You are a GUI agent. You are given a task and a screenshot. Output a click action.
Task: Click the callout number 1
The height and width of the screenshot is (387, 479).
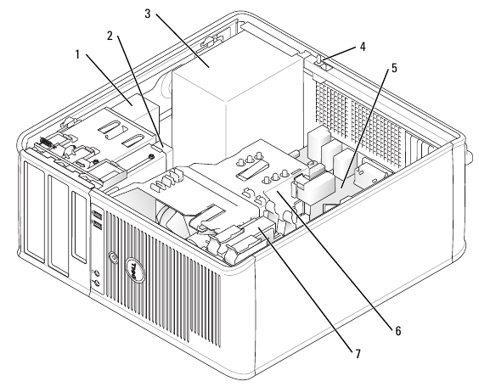(x=77, y=55)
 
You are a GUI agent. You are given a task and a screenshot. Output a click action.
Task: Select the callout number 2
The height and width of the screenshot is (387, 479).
(x=110, y=36)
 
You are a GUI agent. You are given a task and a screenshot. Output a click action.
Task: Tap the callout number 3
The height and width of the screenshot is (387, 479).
(x=148, y=14)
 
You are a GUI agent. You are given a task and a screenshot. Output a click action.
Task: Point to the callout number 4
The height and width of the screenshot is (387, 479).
(x=363, y=47)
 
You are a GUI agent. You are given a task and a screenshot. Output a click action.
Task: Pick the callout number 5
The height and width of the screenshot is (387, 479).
(x=394, y=68)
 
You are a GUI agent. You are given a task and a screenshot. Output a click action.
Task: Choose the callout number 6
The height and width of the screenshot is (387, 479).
(x=397, y=330)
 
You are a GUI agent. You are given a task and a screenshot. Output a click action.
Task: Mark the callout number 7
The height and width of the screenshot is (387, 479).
(x=358, y=354)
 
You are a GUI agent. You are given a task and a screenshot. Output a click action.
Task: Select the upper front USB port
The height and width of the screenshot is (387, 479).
(x=98, y=213)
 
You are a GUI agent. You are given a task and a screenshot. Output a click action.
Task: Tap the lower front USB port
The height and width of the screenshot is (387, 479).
(x=98, y=225)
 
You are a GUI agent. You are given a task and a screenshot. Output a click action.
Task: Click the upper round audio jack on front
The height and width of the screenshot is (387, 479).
(x=96, y=273)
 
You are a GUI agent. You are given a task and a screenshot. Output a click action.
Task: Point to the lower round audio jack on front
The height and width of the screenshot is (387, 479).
(x=96, y=283)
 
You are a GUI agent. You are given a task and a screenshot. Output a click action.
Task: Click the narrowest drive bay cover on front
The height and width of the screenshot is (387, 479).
(x=79, y=227)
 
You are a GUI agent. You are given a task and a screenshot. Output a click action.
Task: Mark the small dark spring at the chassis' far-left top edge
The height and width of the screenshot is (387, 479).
(x=47, y=143)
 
